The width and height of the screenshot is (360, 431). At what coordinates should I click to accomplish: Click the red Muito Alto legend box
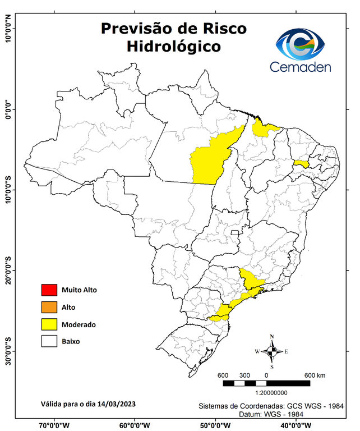[49, 290]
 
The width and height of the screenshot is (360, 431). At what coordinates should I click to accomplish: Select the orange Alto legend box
[49, 307]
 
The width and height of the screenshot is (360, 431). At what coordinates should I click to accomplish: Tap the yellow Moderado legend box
[49, 324]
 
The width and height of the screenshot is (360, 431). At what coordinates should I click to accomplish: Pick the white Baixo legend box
[49, 341]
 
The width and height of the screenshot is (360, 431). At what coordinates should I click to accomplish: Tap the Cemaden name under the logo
[301, 67]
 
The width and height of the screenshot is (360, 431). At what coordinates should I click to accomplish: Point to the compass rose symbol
[271, 351]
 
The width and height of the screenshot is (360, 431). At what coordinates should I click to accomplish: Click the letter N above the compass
[272, 337]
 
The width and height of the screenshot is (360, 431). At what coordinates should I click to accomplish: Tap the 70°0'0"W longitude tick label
[54, 425]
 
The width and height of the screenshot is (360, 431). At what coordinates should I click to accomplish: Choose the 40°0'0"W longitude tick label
[295, 425]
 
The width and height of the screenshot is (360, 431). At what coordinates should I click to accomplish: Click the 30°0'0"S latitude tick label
[7, 351]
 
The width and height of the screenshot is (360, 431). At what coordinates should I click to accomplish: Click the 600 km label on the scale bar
[315, 375]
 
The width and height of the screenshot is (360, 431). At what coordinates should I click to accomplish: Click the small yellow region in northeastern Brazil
[301, 163]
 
